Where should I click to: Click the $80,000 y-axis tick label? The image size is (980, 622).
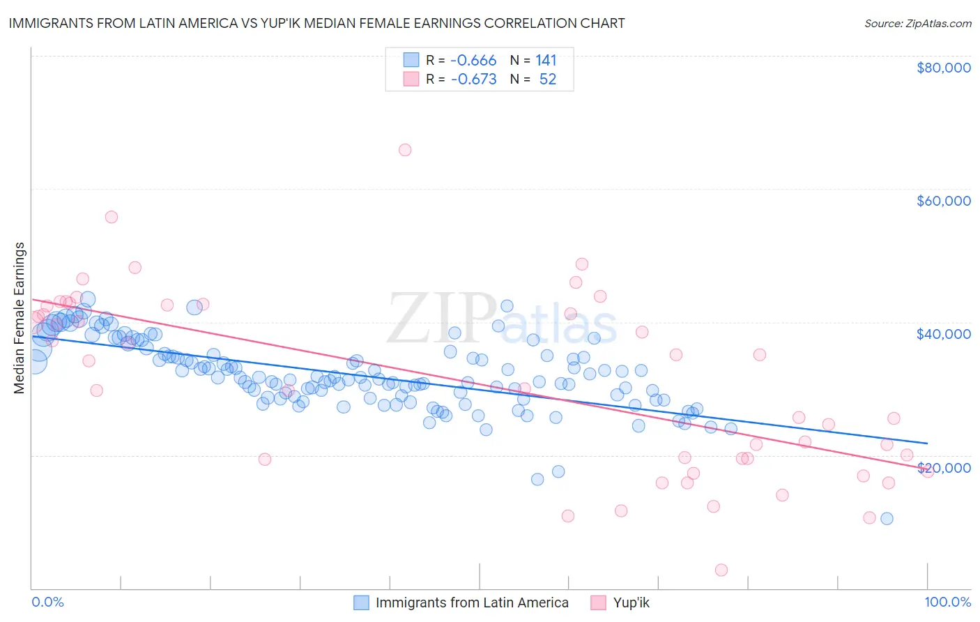click(x=943, y=68)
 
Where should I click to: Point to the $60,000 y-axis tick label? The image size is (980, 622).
click(x=943, y=201)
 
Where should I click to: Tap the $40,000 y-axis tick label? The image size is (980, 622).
click(x=943, y=334)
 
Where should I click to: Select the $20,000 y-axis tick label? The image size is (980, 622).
click(x=943, y=468)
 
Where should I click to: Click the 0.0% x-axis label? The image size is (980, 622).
click(x=47, y=602)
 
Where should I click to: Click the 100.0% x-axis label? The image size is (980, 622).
click(x=947, y=602)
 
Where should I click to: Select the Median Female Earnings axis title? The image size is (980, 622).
click(x=20, y=318)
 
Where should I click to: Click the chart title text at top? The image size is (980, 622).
click(x=316, y=23)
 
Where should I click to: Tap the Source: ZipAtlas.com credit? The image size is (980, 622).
click(x=917, y=23)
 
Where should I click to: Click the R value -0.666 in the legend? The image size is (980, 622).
click(x=473, y=61)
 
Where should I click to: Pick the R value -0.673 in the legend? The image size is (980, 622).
click(x=473, y=79)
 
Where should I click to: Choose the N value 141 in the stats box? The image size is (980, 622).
click(x=546, y=61)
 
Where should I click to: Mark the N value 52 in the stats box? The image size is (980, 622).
click(x=548, y=79)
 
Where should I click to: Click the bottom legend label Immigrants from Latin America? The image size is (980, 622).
click(x=472, y=602)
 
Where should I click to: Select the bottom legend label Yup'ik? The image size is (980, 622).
click(x=631, y=602)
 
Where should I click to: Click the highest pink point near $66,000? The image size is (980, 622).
click(x=405, y=150)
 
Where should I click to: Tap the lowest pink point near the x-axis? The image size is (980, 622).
click(x=721, y=570)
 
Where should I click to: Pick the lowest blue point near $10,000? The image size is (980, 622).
click(x=887, y=518)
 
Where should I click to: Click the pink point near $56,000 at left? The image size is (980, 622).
click(x=112, y=217)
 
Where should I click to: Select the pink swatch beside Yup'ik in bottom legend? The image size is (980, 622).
click(x=598, y=602)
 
